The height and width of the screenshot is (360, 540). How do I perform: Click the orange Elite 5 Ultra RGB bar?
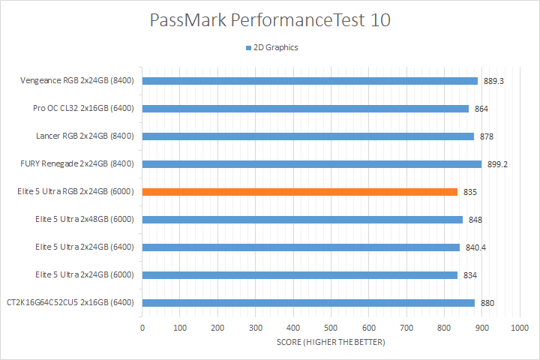(x=300, y=192)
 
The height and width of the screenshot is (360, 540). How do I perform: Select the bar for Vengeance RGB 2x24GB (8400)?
(x=310, y=81)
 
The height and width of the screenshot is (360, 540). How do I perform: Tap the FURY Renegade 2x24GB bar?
(x=312, y=164)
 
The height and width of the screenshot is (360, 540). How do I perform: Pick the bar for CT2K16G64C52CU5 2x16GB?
(x=308, y=303)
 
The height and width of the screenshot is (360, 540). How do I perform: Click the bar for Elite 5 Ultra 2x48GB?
(x=302, y=220)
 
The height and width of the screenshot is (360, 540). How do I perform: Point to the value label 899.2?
(x=497, y=164)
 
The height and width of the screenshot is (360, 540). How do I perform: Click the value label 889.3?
(x=493, y=81)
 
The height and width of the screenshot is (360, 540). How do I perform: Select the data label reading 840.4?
(x=475, y=247)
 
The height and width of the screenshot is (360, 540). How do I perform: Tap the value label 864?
(x=481, y=109)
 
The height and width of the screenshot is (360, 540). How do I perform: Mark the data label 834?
(x=470, y=275)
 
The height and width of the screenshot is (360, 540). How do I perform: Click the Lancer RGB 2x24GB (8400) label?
(x=85, y=136)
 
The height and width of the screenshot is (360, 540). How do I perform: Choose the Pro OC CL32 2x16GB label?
(x=83, y=109)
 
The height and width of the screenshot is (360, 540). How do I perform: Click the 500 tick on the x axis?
(x=331, y=328)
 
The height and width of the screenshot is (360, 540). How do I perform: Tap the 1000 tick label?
(x=519, y=328)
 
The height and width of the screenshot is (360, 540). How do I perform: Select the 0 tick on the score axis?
(x=142, y=328)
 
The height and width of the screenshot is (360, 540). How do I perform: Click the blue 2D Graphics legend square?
(x=247, y=48)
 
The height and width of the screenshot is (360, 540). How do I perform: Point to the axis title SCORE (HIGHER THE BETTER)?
(x=330, y=343)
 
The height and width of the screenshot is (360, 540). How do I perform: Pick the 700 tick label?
(x=406, y=328)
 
